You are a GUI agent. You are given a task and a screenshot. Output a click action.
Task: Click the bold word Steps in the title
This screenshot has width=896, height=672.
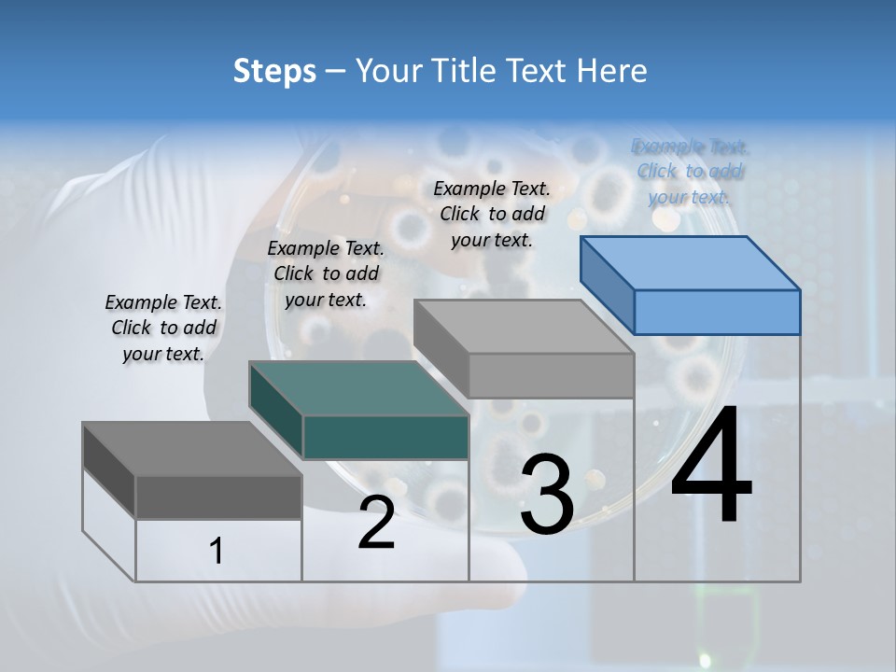[274, 71]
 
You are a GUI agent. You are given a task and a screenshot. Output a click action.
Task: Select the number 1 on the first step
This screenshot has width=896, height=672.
[217, 552]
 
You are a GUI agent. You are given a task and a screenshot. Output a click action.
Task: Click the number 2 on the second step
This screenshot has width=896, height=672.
[376, 523]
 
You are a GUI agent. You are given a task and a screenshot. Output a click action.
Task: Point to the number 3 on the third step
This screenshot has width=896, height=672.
[547, 495]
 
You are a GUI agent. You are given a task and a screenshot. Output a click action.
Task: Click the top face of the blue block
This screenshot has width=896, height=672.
[691, 262]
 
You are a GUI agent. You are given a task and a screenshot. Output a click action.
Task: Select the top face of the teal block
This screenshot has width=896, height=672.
[359, 388]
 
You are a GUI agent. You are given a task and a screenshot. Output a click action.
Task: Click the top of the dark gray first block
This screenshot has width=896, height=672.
[192, 449]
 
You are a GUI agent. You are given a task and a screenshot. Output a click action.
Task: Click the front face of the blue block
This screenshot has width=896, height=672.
[717, 312]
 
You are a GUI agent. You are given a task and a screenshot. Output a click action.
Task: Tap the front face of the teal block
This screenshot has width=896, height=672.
[385, 437]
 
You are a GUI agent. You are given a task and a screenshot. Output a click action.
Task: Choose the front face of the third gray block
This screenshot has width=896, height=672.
[551, 375]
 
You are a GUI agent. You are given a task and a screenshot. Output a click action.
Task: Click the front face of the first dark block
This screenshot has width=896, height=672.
[218, 497]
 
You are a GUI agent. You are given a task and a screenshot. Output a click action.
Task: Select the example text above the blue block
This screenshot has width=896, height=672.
[691, 172]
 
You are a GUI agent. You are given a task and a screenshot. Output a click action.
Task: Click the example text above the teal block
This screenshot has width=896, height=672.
[326, 273]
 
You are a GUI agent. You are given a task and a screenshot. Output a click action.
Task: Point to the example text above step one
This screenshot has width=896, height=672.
[163, 328]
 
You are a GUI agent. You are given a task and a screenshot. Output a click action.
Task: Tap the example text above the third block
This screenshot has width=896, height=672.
[492, 214]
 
